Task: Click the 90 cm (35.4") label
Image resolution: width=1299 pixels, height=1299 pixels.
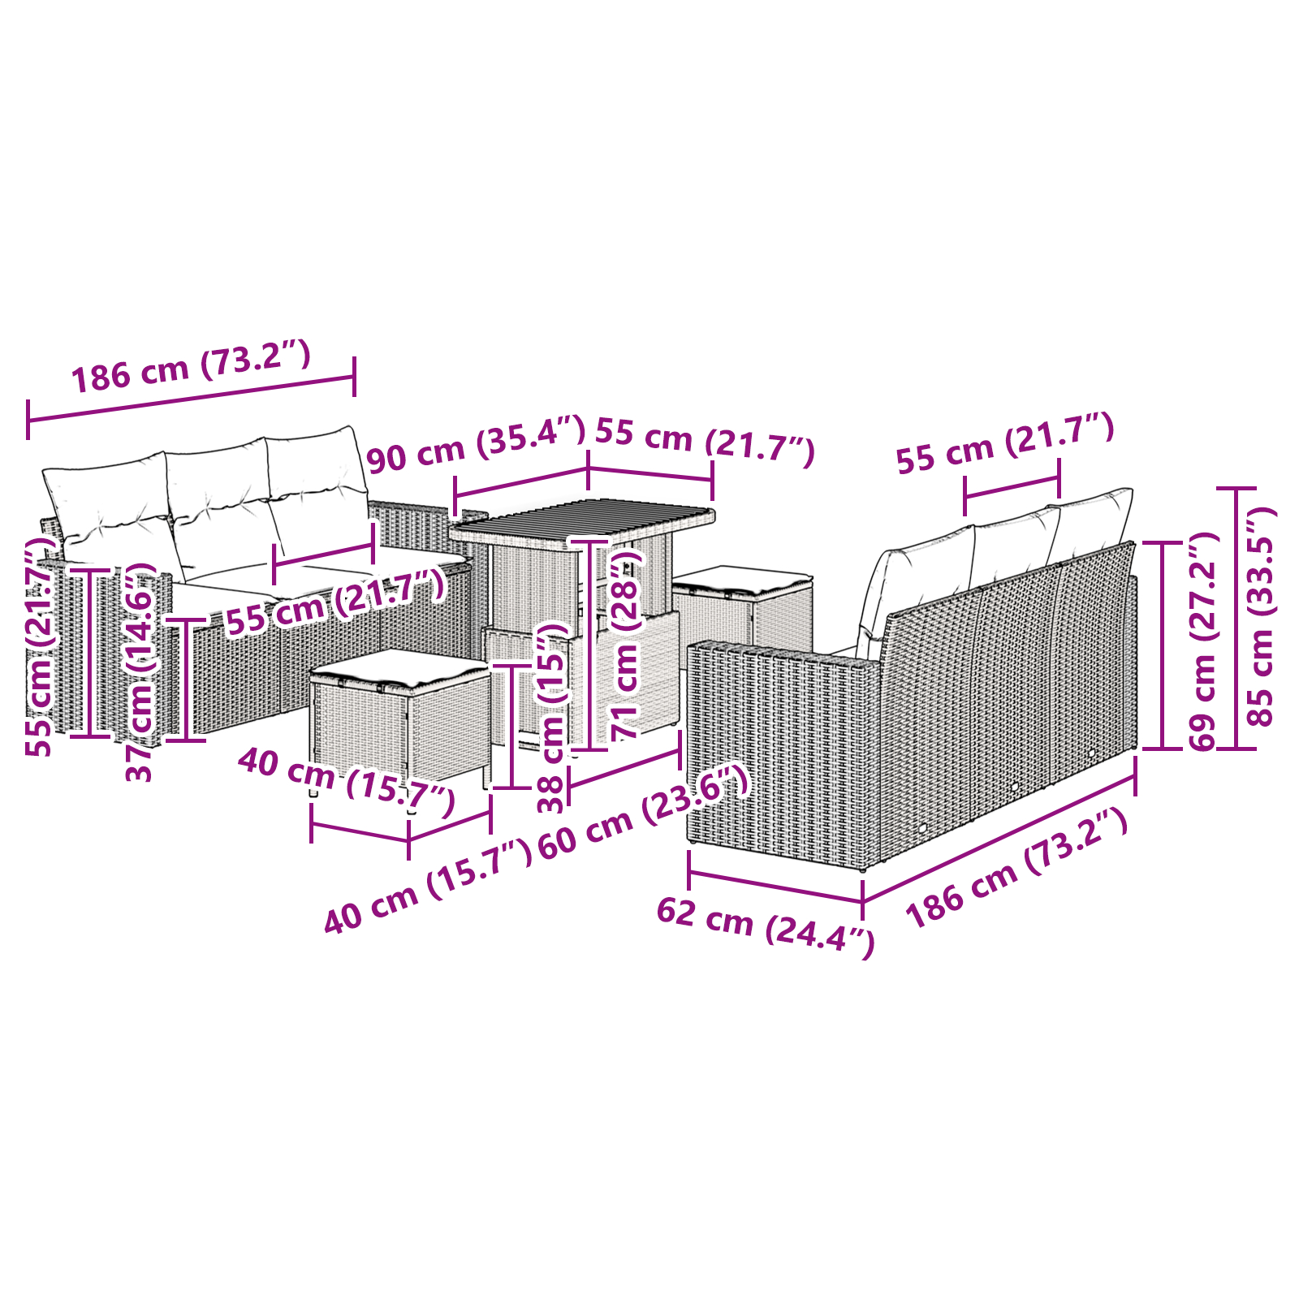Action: coord(475,444)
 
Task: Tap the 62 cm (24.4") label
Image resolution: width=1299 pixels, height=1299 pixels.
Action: coord(765,925)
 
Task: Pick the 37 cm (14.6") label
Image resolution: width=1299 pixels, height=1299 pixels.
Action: coord(140,670)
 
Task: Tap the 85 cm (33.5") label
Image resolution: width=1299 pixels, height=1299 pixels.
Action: coord(1261,617)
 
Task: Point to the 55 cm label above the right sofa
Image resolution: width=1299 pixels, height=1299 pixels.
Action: coord(1004,442)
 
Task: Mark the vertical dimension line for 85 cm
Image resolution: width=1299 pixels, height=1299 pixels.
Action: coord(1236,617)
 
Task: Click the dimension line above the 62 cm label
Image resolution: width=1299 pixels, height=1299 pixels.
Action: coord(775,886)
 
